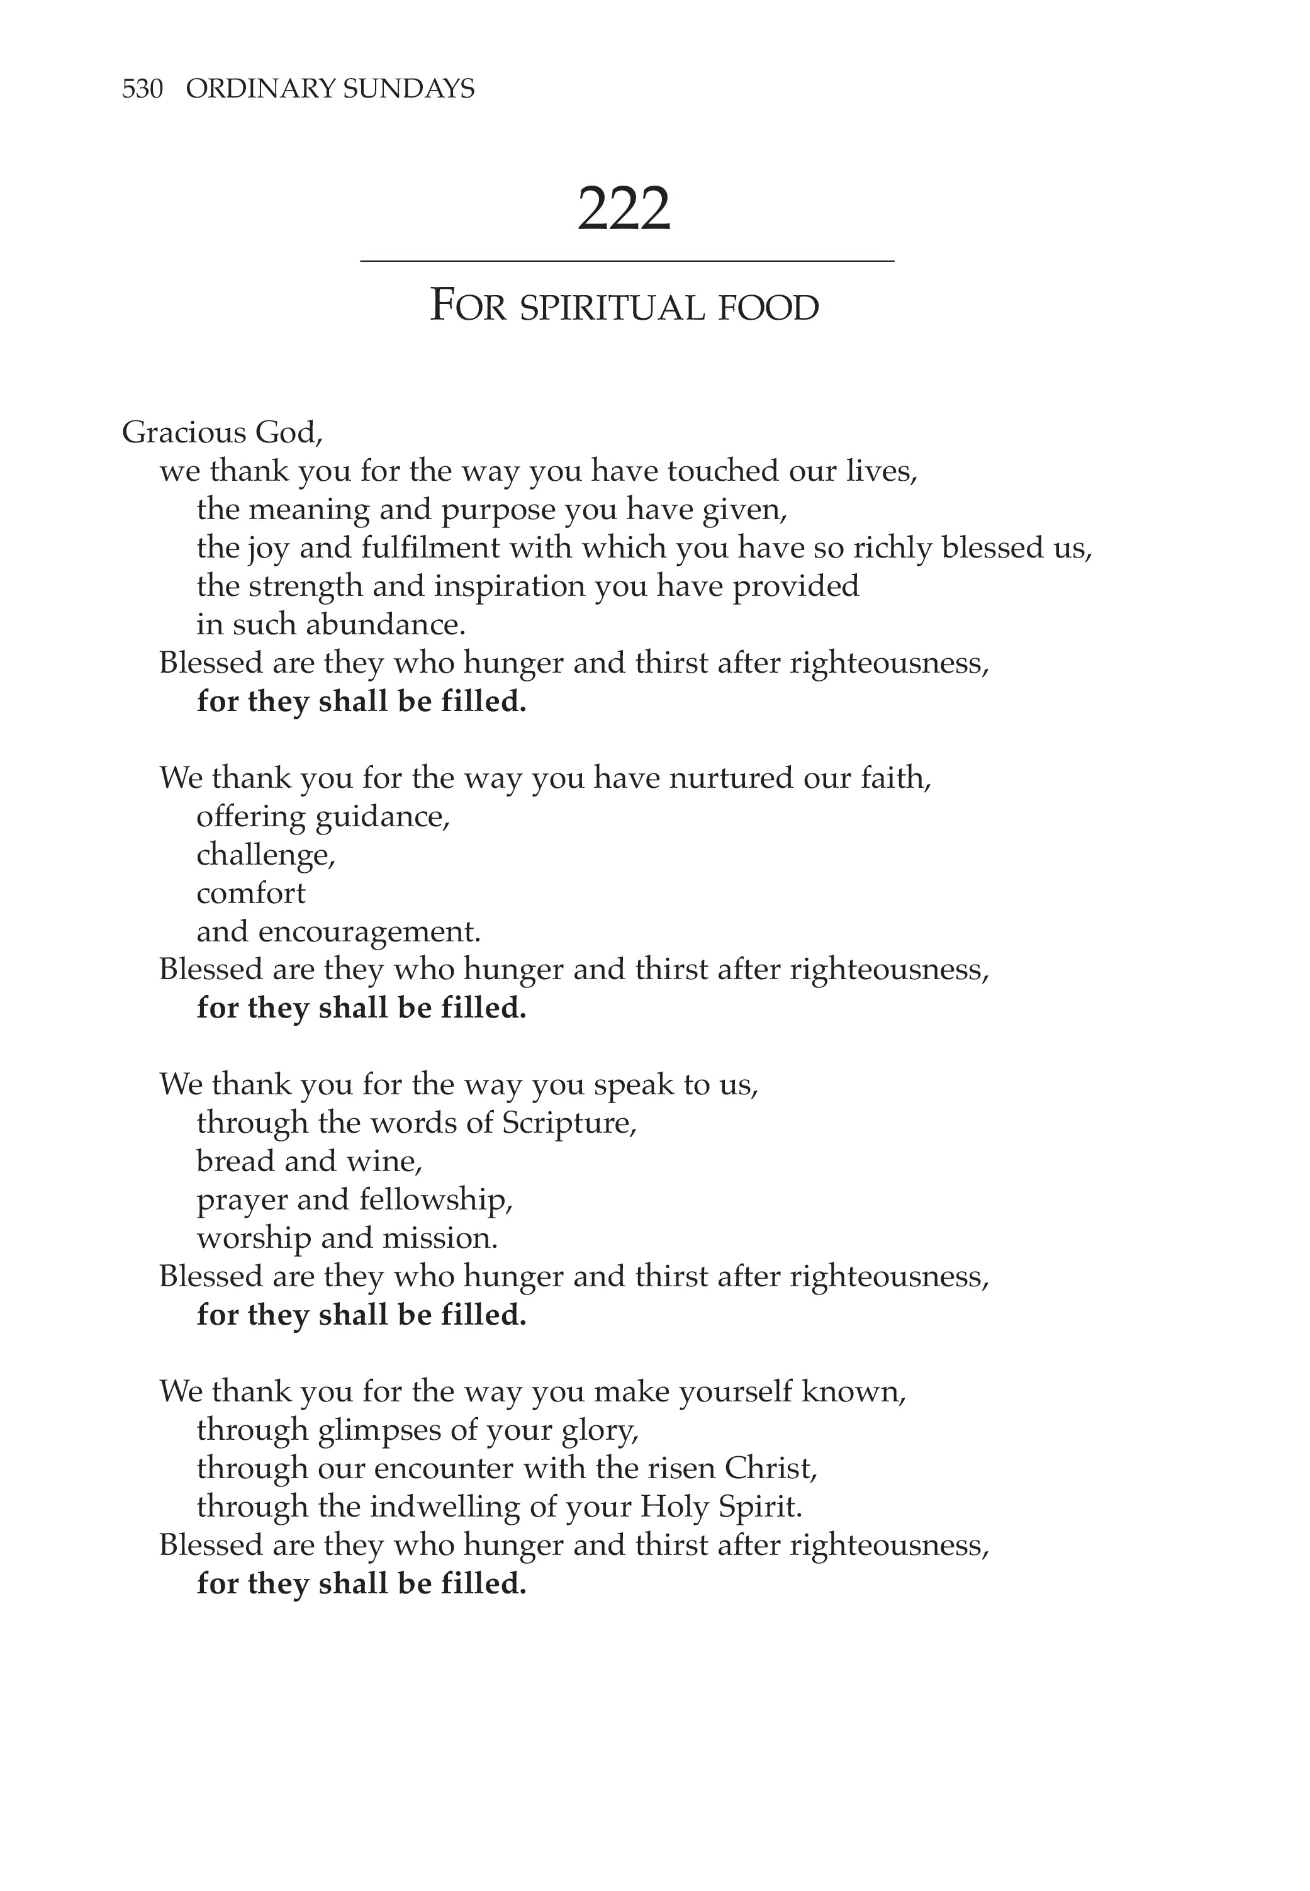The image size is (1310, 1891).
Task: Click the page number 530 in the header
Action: coord(142,89)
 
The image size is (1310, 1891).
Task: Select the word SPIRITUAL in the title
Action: coord(612,308)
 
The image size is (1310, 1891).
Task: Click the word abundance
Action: coord(385,625)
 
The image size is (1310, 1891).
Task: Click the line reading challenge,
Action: coord(266,855)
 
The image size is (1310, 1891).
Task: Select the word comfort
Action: coord(250,893)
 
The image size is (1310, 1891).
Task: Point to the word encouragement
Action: coord(369,931)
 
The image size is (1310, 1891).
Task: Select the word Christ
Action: coord(770,1467)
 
